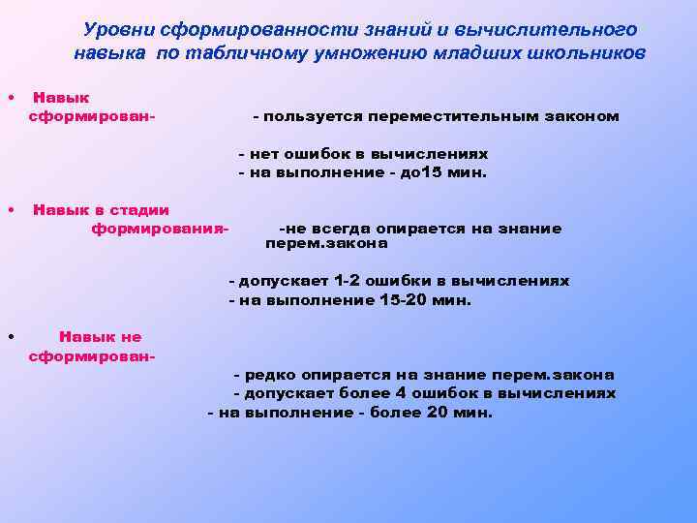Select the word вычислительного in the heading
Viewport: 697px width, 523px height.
(554, 30)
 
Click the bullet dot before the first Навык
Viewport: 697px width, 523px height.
(9, 98)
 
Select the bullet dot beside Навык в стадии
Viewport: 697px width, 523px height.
(9, 209)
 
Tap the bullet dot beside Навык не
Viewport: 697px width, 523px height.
(9, 337)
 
